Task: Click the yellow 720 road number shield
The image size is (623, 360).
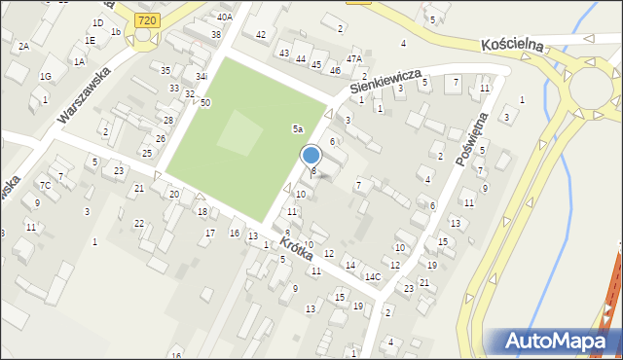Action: pyautogui.click(x=147, y=18)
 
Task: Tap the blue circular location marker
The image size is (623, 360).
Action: pyautogui.click(x=311, y=155)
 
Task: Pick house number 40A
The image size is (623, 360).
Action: pyautogui.click(x=225, y=17)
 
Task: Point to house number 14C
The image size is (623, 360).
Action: pyautogui.click(x=373, y=277)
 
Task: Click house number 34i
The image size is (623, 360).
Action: pyautogui.click(x=201, y=76)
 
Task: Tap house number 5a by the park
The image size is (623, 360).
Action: pyautogui.click(x=299, y=128)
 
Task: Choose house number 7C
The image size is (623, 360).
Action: pyautogui.click(x=45, y=185)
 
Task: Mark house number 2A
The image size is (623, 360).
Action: pyautogui.click(x=23, y=46)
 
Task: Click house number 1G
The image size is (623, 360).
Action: pyautogui.click(x=45, y=76)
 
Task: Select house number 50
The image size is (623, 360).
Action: pyautogui.click(x=205, y=102)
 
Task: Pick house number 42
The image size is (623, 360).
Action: pyautogui.click(x=260, y=35)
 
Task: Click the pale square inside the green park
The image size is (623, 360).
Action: pyautogui.click(x=239, y=133)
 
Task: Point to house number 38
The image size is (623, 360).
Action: pyautogui.click(x=216, y=34)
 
